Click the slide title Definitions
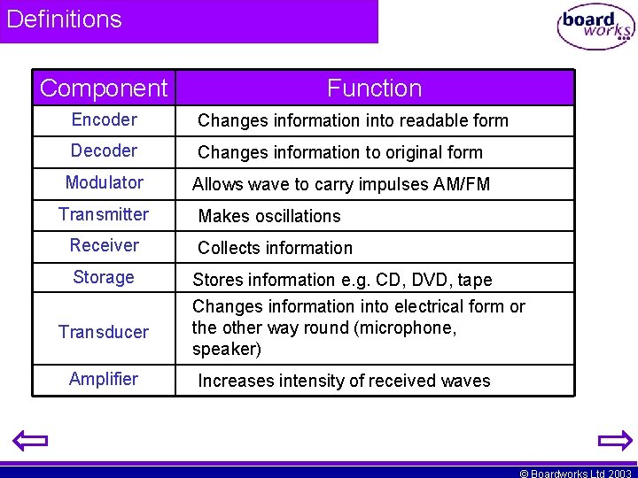click(64, 19)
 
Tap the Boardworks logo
click(595, 27)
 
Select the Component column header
click(104, 89)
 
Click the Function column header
click(374, 89)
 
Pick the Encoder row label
click(104, 119)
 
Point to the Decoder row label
click(104, 150)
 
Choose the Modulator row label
click(104, 182)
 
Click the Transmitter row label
click(104, 214)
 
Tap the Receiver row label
click(104, 245)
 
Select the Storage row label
click(104, 277)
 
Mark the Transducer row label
click(104, 332)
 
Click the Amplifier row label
click(104, 379)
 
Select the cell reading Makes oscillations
click(269, 216)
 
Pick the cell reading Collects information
click(275, 248)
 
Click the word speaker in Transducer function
click(223, 349)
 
